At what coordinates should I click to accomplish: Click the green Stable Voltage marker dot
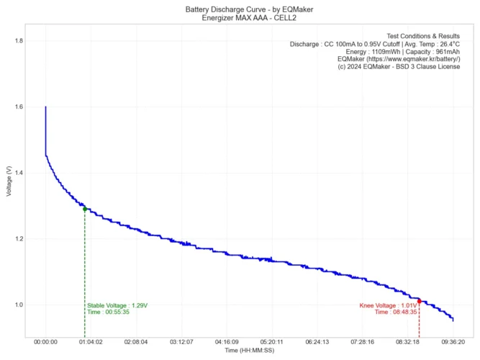pos(85,210)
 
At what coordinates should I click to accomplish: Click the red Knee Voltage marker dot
pos(419,302)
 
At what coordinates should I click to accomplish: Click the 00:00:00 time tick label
pos(45,343)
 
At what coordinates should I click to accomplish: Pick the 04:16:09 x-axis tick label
pos(227,343)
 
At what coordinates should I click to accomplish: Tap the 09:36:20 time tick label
pos(453,343)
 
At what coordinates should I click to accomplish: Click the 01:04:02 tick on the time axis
pos(91,343)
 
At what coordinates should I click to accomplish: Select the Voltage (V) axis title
pos(8,180)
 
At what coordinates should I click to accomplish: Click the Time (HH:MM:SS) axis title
pos(249,351)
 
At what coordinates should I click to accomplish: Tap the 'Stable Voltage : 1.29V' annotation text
pos(117,305)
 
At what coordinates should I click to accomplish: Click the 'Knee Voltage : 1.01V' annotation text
pos(388,305)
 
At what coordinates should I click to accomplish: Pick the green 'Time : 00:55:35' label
pos(109,312)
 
